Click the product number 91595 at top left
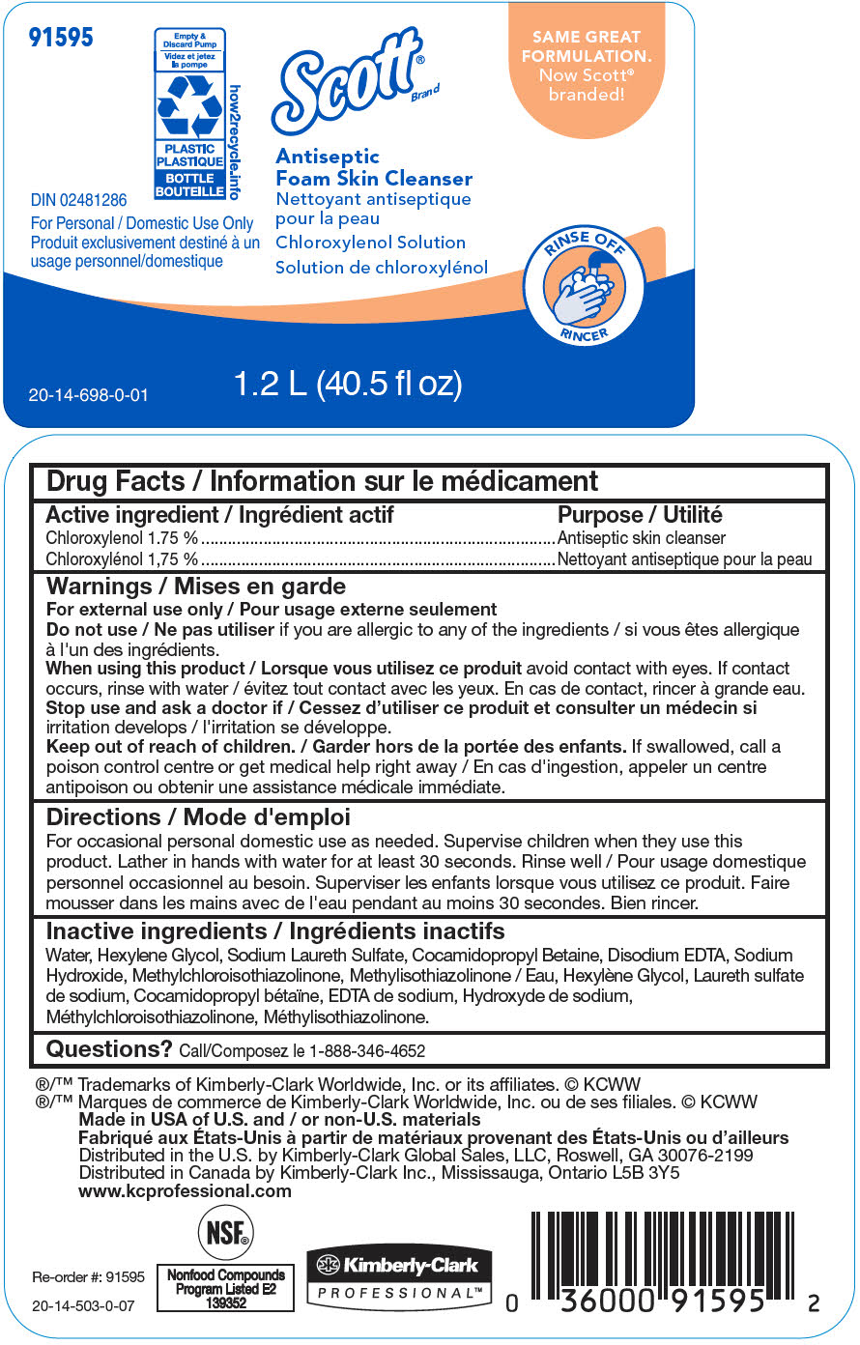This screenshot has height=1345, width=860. tap(61, 38)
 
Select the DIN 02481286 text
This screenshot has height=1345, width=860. tap(78, 201)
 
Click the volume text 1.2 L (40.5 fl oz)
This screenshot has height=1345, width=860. tap(348, 384)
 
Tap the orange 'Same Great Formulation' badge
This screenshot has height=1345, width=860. tap(587, 66)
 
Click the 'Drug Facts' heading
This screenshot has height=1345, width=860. tap(322, 481)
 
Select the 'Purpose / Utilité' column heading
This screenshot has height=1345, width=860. tap(640, 515)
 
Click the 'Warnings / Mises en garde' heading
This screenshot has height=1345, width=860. tap(195, 587)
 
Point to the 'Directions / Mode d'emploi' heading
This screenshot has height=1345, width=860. tap(198, 817)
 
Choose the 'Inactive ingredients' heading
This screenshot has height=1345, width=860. tap(275, 931)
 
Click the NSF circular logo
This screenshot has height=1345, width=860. tap(226, 1233)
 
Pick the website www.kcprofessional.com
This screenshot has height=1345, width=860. tap(185, 1190)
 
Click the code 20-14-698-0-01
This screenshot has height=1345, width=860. tap(88, 395)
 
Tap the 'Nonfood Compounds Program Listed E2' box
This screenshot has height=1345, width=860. tap(226, 1289)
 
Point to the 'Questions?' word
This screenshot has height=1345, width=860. tap(109, 1049)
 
